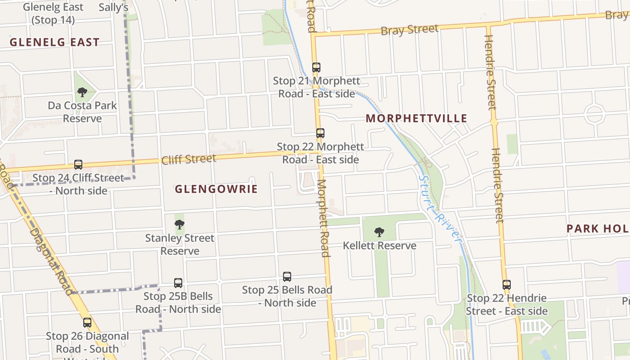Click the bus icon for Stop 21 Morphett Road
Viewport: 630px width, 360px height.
click(x=316, y=67)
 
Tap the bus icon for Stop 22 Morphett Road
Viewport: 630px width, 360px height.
click(x=320, y=133)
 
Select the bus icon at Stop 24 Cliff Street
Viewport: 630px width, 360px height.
click(x=78, y=165)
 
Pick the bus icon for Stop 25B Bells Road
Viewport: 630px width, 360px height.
click(x=178, y=283)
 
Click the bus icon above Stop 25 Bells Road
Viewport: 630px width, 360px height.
click(x=287, y=277)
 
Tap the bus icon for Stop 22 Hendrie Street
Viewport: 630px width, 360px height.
click(x=507, y=285)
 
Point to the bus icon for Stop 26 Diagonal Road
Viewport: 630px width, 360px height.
click(x=87, y=323)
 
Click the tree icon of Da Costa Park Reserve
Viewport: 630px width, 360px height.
click(x=82, y=92)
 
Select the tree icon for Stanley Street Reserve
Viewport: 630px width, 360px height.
click(x=180, y=224)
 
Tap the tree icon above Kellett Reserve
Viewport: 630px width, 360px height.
click(x=379, y=232)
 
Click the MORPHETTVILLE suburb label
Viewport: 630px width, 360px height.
click(x=416, y=119)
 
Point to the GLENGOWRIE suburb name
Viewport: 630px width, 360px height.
click(x=216, y=189)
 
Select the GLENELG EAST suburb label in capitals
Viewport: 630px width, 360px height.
click(x=54, y=43)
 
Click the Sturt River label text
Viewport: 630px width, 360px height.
click(x=440, y=208)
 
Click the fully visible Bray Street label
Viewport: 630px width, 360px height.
click(x=409, y=30)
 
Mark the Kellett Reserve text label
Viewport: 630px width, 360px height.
click(x=379, y=246)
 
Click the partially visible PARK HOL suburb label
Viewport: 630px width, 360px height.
click(x=598, y=229)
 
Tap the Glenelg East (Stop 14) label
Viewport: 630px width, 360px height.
click(x=53, y=13)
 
